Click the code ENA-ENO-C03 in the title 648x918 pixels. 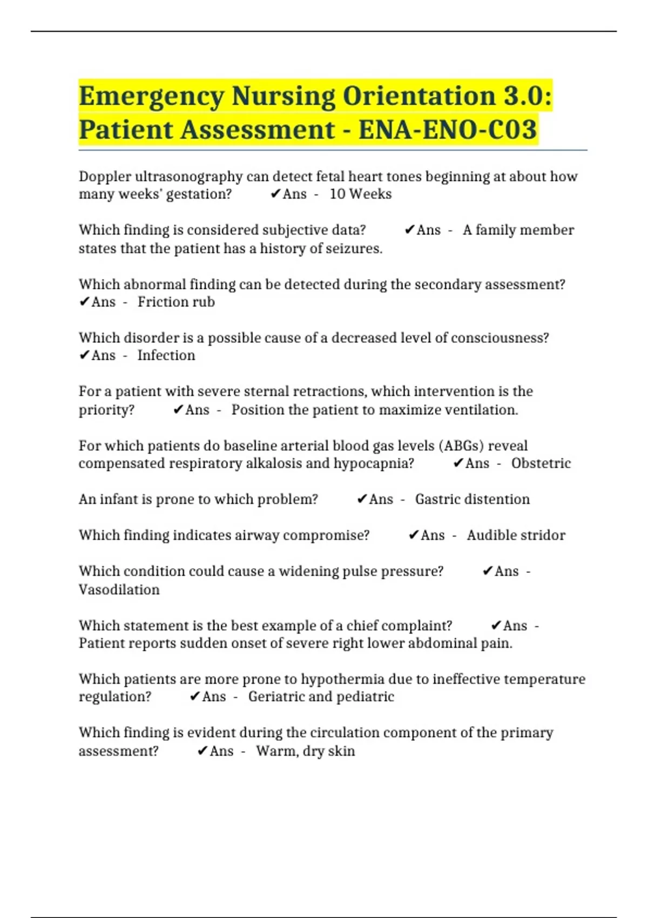(448, 130)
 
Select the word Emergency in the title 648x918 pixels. (151, 96)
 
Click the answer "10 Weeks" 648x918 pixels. (360, 194)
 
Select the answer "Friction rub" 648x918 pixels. (176, 302)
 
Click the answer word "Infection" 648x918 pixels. (166, 355)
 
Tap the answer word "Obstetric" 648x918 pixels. (541, 463)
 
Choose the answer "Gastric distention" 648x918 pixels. (472, 499)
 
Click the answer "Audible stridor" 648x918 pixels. (516, 535)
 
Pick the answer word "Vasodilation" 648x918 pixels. (119, 589)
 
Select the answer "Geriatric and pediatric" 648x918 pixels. (321, 697)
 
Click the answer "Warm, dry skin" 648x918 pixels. (305, 751)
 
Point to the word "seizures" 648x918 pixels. (355, 248)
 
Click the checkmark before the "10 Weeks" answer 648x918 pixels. (275, 194)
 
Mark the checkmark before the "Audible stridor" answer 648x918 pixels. (414, 535)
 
